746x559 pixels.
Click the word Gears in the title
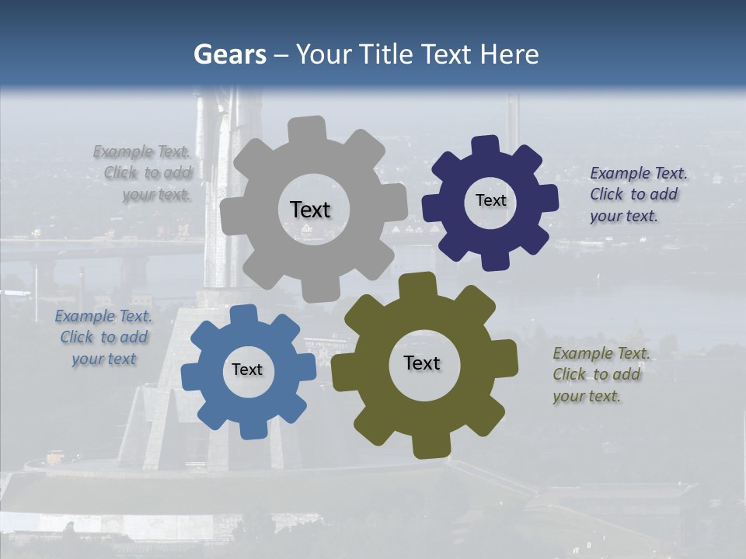point(229,54)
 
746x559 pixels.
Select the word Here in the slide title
point(510,54)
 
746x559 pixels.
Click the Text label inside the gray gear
point(310,210)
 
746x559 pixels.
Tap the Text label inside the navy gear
point(490,200)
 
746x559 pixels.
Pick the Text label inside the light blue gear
point(247,370)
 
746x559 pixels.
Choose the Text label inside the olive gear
point(422,363)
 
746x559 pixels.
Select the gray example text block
point(143,173)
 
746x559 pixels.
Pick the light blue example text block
point(103,337)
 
